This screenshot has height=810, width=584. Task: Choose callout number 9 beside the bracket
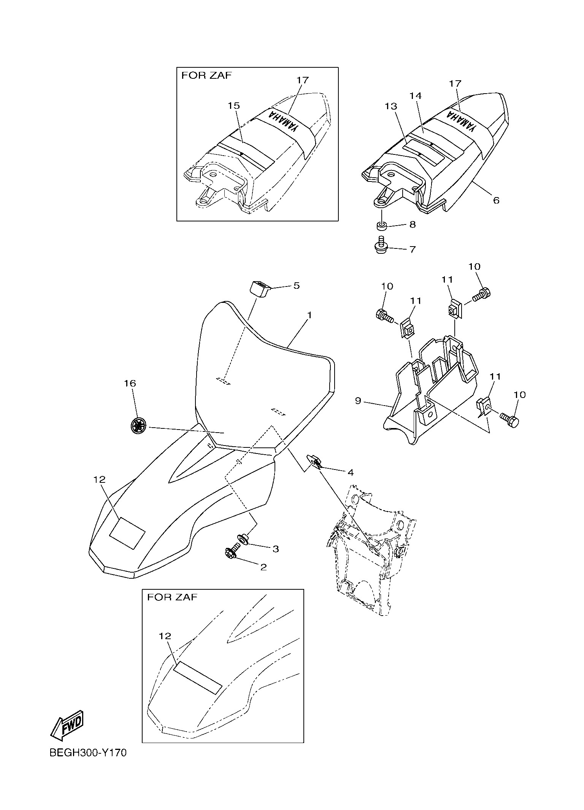(x=358, y=401)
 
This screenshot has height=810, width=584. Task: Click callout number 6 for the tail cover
(x=496, y=200)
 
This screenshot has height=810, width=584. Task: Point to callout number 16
(x=130, y=383)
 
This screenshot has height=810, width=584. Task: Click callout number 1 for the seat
(x=309, y=315)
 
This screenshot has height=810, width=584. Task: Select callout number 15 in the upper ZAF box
(x=234, y=105)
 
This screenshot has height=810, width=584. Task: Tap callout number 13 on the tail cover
(x=391, y=106)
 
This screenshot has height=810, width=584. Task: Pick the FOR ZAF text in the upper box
(x=206, y=75)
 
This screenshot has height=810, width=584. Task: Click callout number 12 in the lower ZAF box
(x=165, y=636)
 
